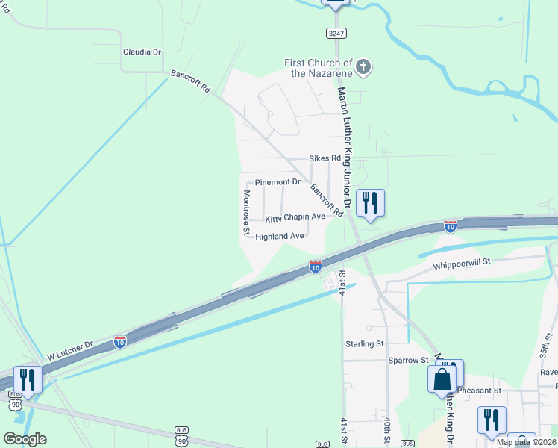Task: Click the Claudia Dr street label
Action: pos(142,52)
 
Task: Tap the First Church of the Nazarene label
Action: pos(319,68)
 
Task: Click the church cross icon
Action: pos(363,68)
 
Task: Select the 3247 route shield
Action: pos(336,33)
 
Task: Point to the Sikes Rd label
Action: pos(325,158)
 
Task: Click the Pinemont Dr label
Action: pos(278,182)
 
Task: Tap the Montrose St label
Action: pos(246,212)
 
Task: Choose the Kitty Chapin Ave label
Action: pos(295,218)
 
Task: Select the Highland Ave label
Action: pos(280,237)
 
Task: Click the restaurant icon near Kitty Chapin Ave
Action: pos(370,203)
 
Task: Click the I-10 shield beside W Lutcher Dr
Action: pos(120,341)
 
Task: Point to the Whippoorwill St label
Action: pos(461,263)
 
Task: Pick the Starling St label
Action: pos(364,344)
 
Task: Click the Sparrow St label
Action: pos(407,360)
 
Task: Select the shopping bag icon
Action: pos(442,379)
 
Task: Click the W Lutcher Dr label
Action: pos(68,347)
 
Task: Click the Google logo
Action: pos(25,439)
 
